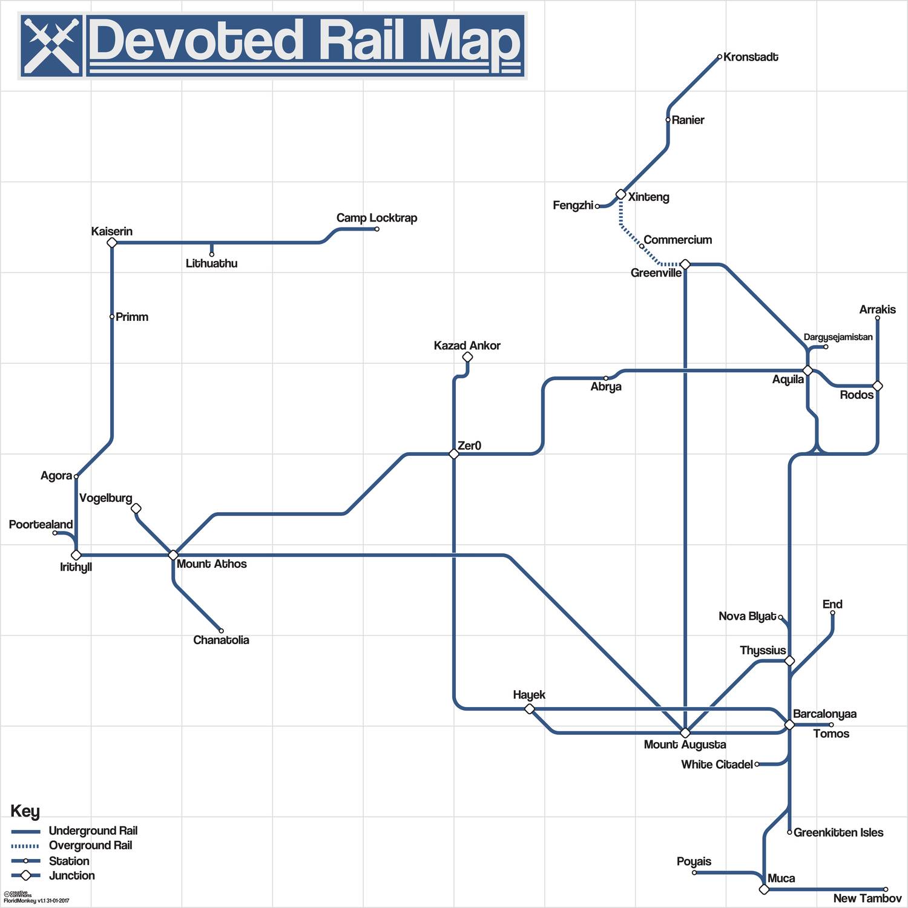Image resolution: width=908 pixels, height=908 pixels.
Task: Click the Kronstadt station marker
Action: click(x=719, y=57)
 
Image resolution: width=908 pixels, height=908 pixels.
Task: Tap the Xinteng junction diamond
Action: click(x=620, y=194)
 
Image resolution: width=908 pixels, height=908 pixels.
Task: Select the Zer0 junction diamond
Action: click(x=454, y=454)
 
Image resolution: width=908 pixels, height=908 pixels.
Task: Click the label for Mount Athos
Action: click(x=211, y=564)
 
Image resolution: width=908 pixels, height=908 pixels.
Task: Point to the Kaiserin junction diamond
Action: click(x=111, y=243)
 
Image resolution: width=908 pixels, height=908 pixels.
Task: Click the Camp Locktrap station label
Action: click(x=377, y=218)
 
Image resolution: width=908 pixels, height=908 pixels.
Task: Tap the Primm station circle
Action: click(x=112, y=317)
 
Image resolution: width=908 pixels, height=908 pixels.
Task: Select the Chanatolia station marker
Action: click(x=221, y=631)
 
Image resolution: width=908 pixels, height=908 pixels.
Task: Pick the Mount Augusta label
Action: click(x=685, y=745)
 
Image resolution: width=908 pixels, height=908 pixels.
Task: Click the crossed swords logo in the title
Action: click(x=52, y=45)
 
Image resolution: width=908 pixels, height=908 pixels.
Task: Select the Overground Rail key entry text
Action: click(x=90, y=846)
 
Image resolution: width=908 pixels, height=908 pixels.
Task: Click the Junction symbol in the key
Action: click(x=25, y=875)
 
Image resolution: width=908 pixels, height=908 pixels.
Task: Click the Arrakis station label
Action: click(x=877, y=309)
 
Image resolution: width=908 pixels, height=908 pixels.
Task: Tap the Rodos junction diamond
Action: click(x=877, y=386)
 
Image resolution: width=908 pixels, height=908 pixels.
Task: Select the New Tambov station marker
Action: click(x=886, y=889)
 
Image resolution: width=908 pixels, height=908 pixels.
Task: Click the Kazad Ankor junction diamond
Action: click(x=467, y=357)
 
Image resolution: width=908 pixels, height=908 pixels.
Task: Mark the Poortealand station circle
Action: click(x=54, y=533)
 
